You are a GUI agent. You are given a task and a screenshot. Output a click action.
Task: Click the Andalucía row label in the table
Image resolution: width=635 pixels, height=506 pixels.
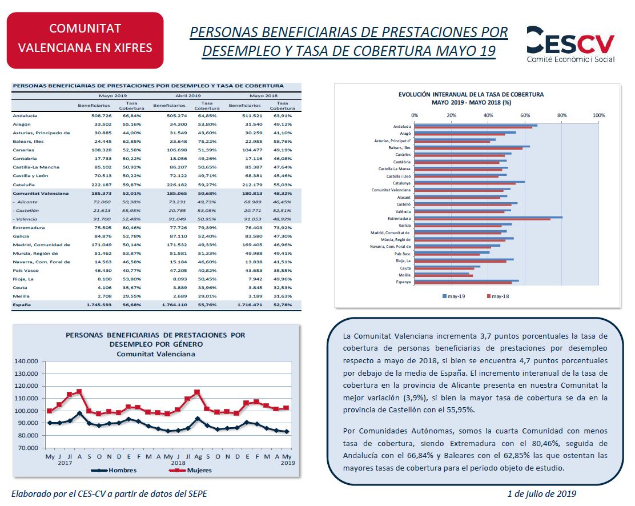[x=25, y=115]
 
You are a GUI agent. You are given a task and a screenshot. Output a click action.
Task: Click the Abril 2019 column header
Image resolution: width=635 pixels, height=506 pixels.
[x=187, y=96]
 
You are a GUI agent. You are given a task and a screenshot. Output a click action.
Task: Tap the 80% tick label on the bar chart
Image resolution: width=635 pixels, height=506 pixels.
[x=562, y=115]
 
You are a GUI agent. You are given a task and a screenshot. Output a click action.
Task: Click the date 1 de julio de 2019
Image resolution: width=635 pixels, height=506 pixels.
[x=541, y=493]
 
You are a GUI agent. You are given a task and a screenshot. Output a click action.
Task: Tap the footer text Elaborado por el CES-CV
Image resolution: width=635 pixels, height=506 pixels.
[x=109, y=493]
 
